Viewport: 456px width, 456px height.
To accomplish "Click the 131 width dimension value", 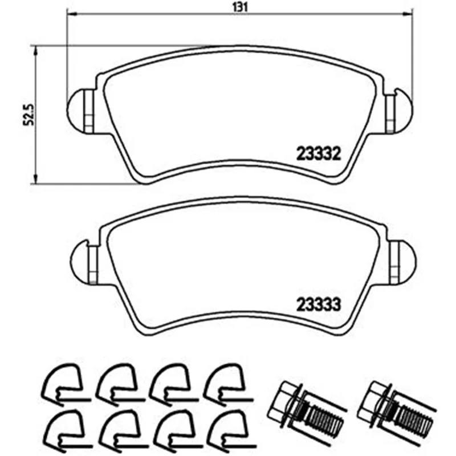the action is pos(240,7).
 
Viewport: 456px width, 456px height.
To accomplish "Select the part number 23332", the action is pos(318,154).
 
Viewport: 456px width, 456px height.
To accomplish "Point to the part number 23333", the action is pos(318,305).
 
